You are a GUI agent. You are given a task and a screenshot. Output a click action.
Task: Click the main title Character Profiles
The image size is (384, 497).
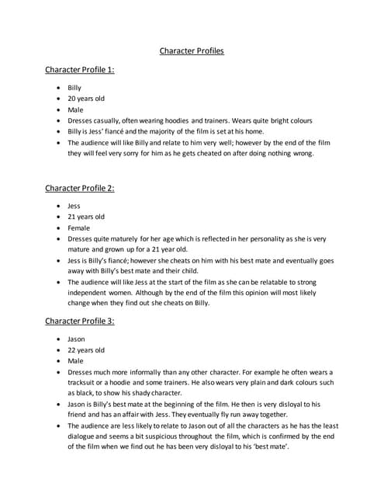[192, 51]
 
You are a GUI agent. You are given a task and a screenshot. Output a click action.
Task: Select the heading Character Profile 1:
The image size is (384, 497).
[80, 71]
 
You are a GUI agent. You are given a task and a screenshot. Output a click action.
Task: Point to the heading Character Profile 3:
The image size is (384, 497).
[80, 321]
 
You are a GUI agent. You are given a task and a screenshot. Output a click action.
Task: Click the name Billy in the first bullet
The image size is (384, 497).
[74, 88]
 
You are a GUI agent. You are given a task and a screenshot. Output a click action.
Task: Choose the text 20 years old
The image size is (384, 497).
[85, 99]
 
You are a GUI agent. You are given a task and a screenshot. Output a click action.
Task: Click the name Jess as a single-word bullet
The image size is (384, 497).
[74, 206]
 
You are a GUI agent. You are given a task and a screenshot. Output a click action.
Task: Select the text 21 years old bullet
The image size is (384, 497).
[85, 217]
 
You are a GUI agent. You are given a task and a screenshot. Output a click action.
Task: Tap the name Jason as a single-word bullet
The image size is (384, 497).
[76, 339]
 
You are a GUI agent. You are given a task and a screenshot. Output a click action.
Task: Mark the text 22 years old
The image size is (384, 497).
[85, 350]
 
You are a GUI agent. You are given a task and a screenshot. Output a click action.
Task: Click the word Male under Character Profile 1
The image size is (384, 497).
[75, 110]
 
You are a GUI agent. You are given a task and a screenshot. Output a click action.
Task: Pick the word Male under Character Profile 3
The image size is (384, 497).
[75, 361]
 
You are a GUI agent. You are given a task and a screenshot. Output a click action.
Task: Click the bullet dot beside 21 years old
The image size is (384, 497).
[60, 217]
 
